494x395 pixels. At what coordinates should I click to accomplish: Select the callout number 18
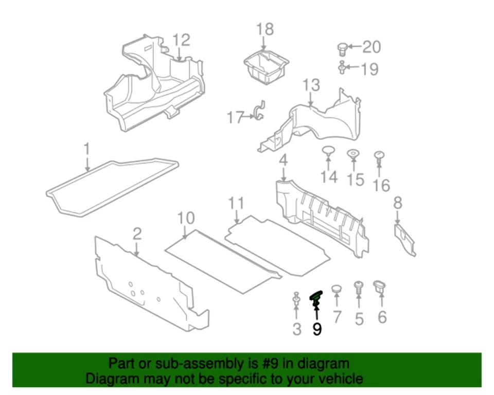tap(266, 29)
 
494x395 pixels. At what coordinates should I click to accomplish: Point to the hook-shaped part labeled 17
tap(260, 112)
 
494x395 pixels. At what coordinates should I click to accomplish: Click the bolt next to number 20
tap(341, 48)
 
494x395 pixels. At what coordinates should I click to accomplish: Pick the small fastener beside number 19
tap(342, 67)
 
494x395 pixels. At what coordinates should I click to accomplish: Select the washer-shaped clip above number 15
tap(354, 154)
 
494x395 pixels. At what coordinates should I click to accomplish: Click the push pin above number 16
tap(379, 157)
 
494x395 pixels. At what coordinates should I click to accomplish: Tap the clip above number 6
tap(381, 285)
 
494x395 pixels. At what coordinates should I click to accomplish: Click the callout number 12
tap(181, 40)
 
